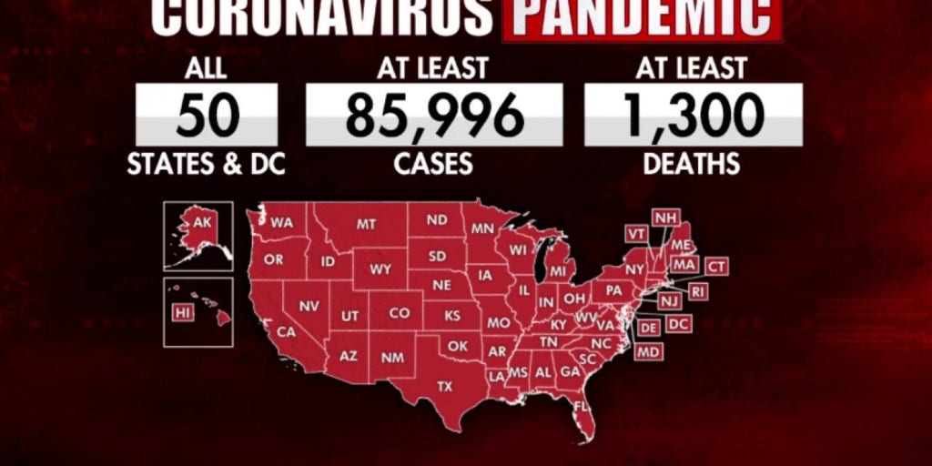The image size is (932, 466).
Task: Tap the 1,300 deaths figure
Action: click(x=692, y=116)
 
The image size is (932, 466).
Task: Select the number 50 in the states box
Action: click(x=208, y=116)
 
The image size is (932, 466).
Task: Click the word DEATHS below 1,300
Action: click(x=692, y=164)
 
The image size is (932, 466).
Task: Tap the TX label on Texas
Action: click(x=444, y=386)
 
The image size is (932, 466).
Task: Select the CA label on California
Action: click(x=286, y=332)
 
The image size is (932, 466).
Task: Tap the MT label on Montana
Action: click(x=367, y=224)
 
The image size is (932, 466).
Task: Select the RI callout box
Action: click(x=698, y=291)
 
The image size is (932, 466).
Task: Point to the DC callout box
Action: click(x=678, y=323)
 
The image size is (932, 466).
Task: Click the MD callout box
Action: click(x=648, y=351)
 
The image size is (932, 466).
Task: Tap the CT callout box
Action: click(x=717, y=267)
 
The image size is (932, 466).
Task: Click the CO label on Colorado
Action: click(x=400, y=312)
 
